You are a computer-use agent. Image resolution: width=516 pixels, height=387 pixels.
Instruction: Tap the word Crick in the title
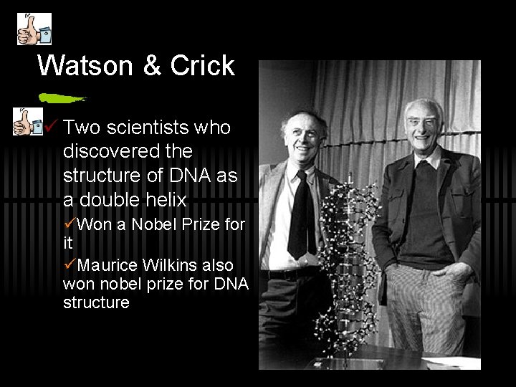click(203, 66)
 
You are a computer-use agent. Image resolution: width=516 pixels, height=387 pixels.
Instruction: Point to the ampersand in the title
click(152, 66)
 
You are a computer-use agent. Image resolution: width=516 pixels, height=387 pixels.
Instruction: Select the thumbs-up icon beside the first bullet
click(28, 123)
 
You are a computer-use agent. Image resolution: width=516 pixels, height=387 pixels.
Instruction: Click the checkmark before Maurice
click(70, 264)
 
